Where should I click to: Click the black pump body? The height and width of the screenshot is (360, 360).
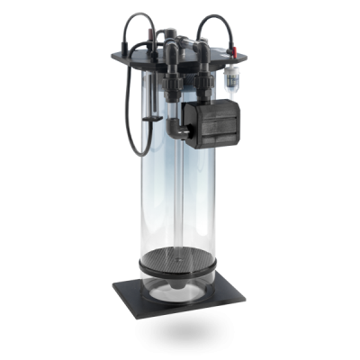tap(217, 121)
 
